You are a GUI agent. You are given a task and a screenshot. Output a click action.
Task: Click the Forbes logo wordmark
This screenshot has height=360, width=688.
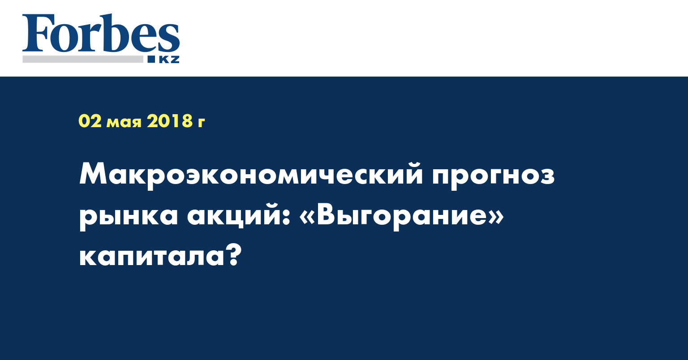coord(101,33)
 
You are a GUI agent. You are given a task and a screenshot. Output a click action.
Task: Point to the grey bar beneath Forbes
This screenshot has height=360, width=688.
coord(82,59)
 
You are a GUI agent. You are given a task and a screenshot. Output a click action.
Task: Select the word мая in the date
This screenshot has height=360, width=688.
coord(124,122)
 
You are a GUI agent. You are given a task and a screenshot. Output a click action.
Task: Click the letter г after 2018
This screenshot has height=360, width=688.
coord(201,122)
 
